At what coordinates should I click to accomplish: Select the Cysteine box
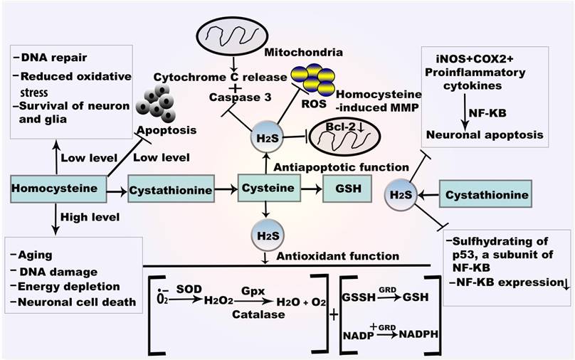(x=267, y=189)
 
